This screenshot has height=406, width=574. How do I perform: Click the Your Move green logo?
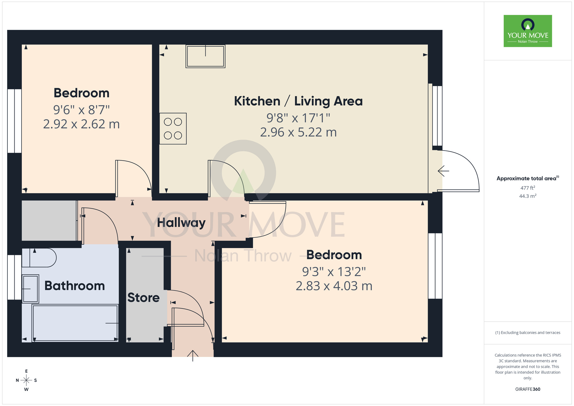[528, 31]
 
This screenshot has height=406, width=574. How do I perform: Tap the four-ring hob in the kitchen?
[173, 129]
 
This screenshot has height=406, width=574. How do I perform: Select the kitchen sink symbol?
[205, 56]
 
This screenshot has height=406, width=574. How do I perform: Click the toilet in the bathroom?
[40, 258]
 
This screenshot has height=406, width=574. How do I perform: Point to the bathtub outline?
[75, 323]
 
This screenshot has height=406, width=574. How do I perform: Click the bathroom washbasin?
[30, 289]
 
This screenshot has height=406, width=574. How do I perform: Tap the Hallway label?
[181, 223]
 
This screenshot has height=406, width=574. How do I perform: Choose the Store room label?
[143, 298]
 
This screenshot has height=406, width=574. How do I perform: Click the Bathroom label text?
[75, 286]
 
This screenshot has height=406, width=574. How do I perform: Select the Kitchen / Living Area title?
[298, 101]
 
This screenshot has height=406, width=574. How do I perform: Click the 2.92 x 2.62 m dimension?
[81, 124]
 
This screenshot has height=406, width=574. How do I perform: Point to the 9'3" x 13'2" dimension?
[334, 272]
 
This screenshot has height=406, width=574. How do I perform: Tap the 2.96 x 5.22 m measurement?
[298, 132]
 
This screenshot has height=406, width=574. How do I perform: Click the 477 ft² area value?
[528, 188]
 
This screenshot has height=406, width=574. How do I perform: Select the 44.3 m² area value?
[528, 196]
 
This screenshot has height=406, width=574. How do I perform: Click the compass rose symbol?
[26, 380]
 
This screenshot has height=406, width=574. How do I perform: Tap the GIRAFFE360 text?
[528, 389]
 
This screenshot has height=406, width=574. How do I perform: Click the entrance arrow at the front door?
[193, 355]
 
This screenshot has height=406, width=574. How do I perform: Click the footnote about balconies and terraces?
[528, 333]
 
